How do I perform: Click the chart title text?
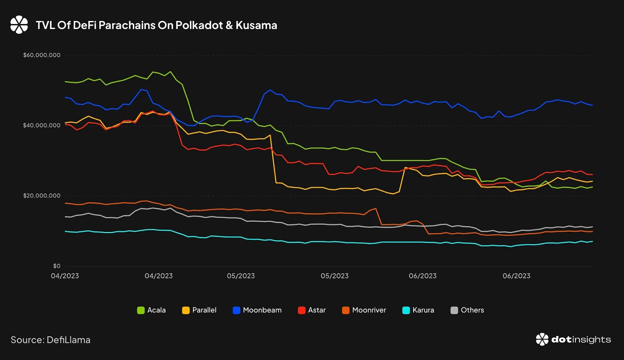pyautogui.click(x=156, y=25)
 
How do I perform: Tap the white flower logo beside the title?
pyautogui.click(x=19, y=25)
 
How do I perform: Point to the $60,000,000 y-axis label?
pyautogui.click(x=41, y=55)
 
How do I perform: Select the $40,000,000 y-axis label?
pyautogui.click(x=41, y=126)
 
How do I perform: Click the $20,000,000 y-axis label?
pyautogui.click(x=41, y=196)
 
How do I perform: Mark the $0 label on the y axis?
pyautogui.click(x=57, y=266)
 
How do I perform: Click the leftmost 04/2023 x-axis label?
pyautogui.click(x=65, y=276)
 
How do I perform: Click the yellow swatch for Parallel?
pyautogui.click(x=186, y=310)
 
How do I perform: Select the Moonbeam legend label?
pyautogui.click(x=262, y=310)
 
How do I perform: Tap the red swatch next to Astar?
pyautogui.click(x=301, y=310)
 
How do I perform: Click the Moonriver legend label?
pyautogui.click(x=369, y=310)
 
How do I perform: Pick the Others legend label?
pyautogui.click(x=472, y=310)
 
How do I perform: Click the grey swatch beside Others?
pyautogui.click(x=455, y=310)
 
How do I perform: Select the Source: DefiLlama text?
pyautogui.click(x=50, y=340)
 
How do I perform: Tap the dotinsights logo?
pyautogui.click(x=573, y=340)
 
